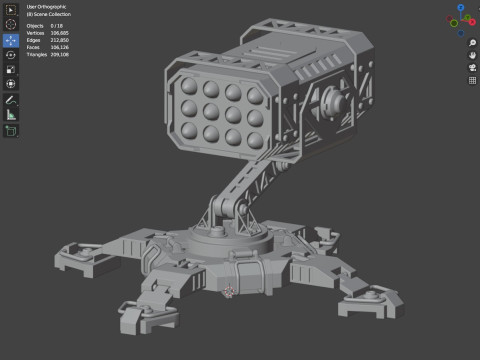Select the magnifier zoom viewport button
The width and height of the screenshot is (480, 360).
point(471,43)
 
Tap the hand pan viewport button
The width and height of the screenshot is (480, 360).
point(471,55)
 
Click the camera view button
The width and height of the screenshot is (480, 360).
point(471,67)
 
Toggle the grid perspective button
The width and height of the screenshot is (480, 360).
point(471,80)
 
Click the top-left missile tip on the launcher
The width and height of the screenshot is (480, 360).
point(187,84)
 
